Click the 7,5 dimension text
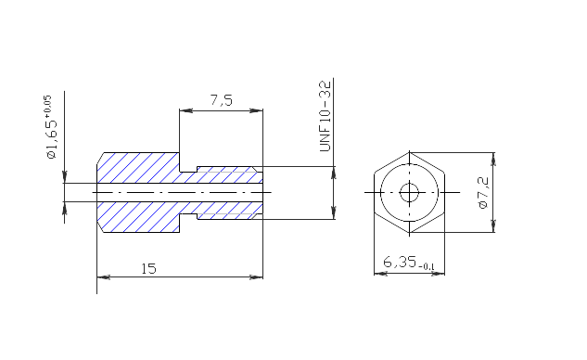(222, 100)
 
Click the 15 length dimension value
(148, 268)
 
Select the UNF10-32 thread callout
(325, 115)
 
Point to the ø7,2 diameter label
(483, 193)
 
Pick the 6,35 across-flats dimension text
(400, 262)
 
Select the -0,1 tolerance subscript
(427, 266)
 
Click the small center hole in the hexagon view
(409, 193)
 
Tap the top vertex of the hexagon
(409, 152)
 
